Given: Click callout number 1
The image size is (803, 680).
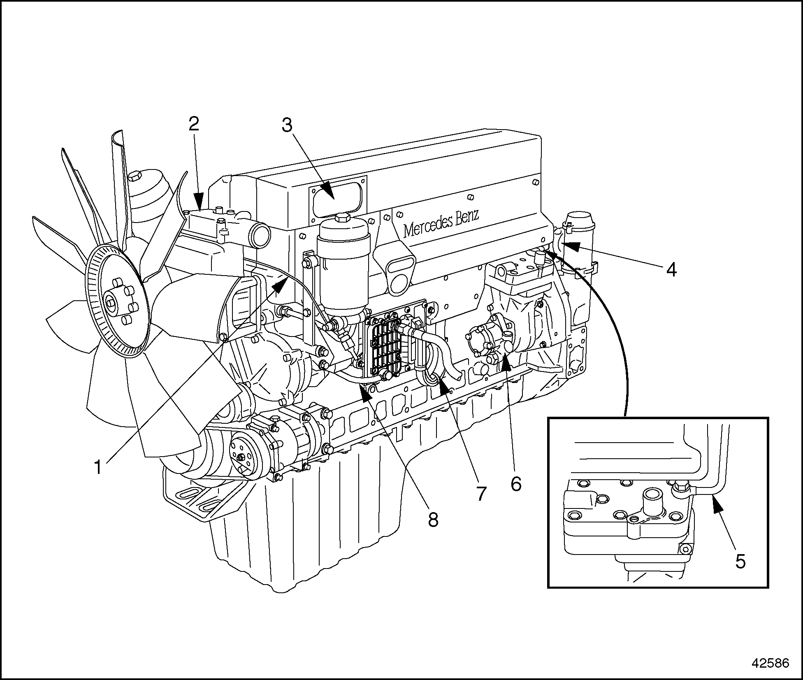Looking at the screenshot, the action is point(98,467).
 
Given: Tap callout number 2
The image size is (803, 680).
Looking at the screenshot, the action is point(194,124).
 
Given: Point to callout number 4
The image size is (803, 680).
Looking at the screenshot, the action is point(671,269).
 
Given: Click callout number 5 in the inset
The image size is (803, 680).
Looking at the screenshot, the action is point(740,561).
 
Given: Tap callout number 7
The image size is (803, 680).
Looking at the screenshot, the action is point(481,493).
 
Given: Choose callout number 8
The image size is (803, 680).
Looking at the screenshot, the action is point(433,520).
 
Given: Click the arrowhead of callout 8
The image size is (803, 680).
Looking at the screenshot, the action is point(366,391).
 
